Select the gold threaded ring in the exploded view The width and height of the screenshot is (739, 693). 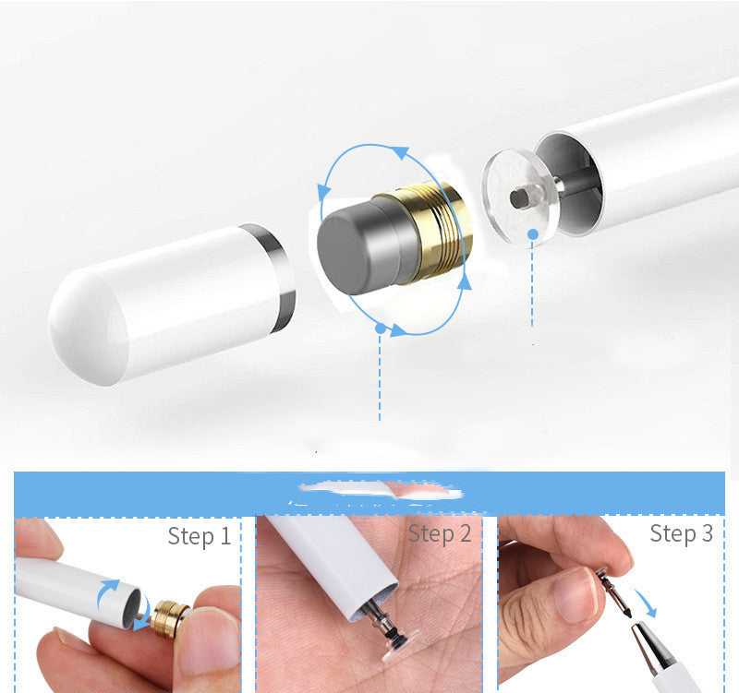(x=434, y=230)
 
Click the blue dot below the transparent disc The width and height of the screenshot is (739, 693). (x=532, y=236)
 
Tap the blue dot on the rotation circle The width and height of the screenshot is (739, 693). (x=380, y=327)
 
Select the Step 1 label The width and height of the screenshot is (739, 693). (x=199, y=536)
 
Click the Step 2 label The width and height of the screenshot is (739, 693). (x=440, y=533)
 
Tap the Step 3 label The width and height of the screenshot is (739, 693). (x=681, y=533)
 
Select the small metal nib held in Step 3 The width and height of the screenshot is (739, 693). (x=612, y=591)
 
